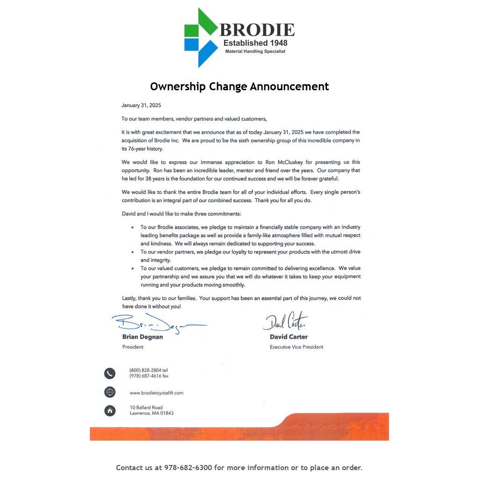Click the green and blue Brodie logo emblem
tap(200, 37)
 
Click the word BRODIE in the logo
tap(257, 30)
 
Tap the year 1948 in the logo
tap(276, 43)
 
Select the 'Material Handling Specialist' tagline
tap(255, 51)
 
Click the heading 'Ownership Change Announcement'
tap(239, 87)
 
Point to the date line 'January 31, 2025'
tap(141, 106)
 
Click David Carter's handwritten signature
tap(285, 321)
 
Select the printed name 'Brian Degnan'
tap(143, 337)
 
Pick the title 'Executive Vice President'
tap(297, 347)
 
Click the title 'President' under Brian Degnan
tap(133, 347)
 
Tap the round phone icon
tap(109, 373)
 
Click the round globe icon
tap(109, 392)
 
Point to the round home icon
tap(109, 411)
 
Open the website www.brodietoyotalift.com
tap(157, 393)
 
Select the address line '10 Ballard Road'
tap(146, 407)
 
